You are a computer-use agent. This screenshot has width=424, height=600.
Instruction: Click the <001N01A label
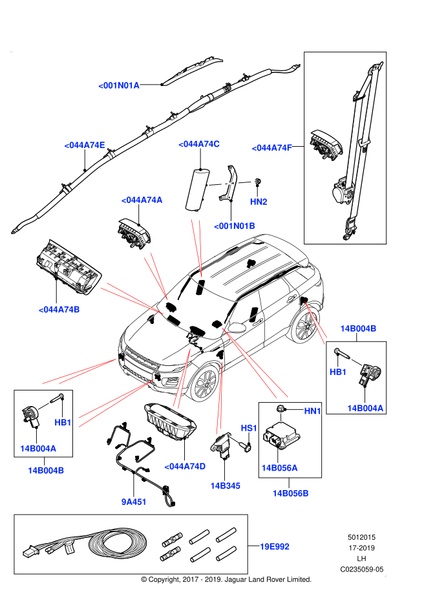(x=119, y=85)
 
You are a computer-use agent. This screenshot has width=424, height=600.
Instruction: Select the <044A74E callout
(x=85, y=145)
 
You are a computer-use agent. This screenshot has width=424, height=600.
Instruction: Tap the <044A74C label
(x=199, y=144)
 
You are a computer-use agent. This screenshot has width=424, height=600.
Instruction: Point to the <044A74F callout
(x=271, y=148)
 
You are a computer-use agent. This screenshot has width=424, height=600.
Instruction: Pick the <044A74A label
(x=142, y=200)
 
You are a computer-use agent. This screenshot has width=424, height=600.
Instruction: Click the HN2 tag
(x=259, y=202)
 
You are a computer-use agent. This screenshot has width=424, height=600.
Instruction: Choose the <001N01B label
(x=235, y=226)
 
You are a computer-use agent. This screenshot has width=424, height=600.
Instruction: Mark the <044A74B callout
(x=59, y=310)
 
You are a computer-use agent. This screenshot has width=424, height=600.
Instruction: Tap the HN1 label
(x=312, y=411)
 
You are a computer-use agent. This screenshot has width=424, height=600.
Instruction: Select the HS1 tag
(x=249, y=428)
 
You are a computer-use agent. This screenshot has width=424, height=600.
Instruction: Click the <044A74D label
(x=185, y=467)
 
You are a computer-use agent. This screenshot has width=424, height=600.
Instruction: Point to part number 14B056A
(x=279, y=468)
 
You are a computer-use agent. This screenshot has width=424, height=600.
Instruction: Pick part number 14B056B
(x=290, y=494)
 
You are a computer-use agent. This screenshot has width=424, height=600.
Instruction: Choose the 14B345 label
(x=225, y=486)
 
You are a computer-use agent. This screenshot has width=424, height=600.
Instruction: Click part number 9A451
(x=134, y=502)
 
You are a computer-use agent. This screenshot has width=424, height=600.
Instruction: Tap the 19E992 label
(x=275, y=547)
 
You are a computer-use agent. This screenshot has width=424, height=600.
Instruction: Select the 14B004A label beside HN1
(x=365, y=409)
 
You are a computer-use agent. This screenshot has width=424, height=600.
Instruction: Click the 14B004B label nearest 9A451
(x=46, y=471)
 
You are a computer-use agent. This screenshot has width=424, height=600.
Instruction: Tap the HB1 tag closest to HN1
(x=338, y=372)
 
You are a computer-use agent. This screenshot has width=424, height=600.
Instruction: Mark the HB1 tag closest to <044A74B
(x=63, y=423)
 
